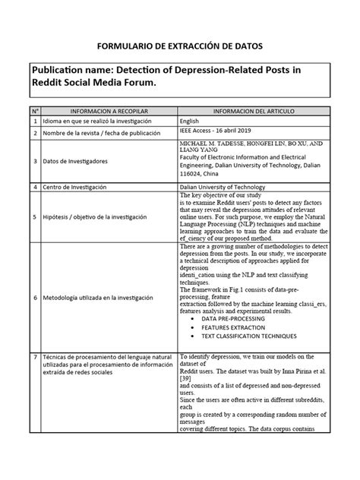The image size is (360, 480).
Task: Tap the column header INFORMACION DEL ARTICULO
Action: (x=252, y=109)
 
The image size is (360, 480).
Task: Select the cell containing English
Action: (x=190, y=121)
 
